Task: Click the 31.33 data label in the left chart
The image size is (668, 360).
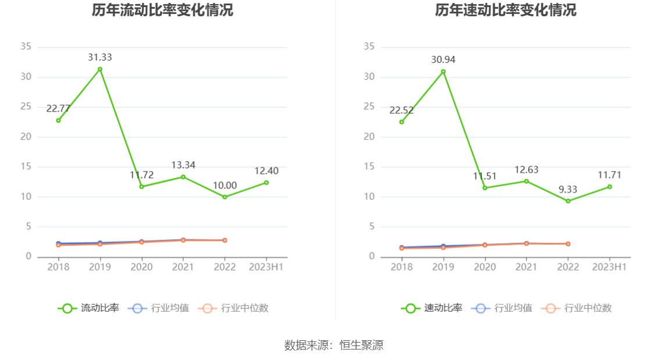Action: [x=100, y=58]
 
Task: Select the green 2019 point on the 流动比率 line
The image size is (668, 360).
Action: [x=100, y=69]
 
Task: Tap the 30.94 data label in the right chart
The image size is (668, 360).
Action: [x=443, y=59]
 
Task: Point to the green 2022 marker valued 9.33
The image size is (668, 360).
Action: [x=568, y=201]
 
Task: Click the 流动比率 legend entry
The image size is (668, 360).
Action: [x=88, y=308]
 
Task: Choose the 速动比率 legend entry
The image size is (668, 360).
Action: [x=432, y=308]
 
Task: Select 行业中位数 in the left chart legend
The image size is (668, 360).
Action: [x=233, y=308]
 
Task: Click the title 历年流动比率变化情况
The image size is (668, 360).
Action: [x=162, y=10]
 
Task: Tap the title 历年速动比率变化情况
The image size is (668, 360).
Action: [x=506, y=10]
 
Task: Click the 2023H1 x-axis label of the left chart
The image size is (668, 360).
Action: [x=266, y=267]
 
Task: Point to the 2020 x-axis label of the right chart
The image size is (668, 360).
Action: [x=485, y=267]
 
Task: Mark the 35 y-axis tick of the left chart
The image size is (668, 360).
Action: [x=26, y=47]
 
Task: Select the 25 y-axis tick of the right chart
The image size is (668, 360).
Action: [x=369, y=106]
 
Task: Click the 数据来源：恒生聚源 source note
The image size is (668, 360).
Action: [x=334, y=345]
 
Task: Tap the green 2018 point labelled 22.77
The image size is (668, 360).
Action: [x=58, y=120]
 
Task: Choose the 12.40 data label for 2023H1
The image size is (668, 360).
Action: [x=266, y=171]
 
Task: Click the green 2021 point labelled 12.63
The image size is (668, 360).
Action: [x=527, y=181]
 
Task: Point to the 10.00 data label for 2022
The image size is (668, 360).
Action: [x=225, y=186]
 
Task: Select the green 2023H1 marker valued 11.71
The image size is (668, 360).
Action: [x=610, y=187]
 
